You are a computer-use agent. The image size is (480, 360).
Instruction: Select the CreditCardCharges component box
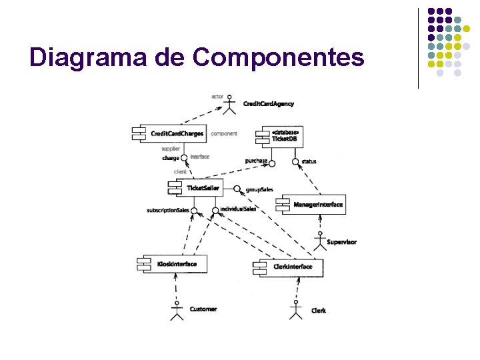[171, 133]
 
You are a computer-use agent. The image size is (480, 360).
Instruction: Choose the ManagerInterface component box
[313, 204]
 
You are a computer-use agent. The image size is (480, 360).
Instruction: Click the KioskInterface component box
[173, 264]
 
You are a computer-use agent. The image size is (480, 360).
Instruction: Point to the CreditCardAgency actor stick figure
[230, 106]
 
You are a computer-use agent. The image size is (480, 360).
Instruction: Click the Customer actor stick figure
[176, 311]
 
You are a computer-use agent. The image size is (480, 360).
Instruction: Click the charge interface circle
[185, 159]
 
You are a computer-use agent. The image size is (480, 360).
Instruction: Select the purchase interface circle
[271, 162]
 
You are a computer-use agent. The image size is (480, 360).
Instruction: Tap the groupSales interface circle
[237, 189]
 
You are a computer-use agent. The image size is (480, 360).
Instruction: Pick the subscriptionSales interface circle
[193, 211]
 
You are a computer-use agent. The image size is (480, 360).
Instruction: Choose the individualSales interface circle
[215, 211]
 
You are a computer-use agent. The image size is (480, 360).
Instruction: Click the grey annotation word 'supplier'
[171, 149]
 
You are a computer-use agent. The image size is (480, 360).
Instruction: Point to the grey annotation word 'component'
[224, 133]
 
